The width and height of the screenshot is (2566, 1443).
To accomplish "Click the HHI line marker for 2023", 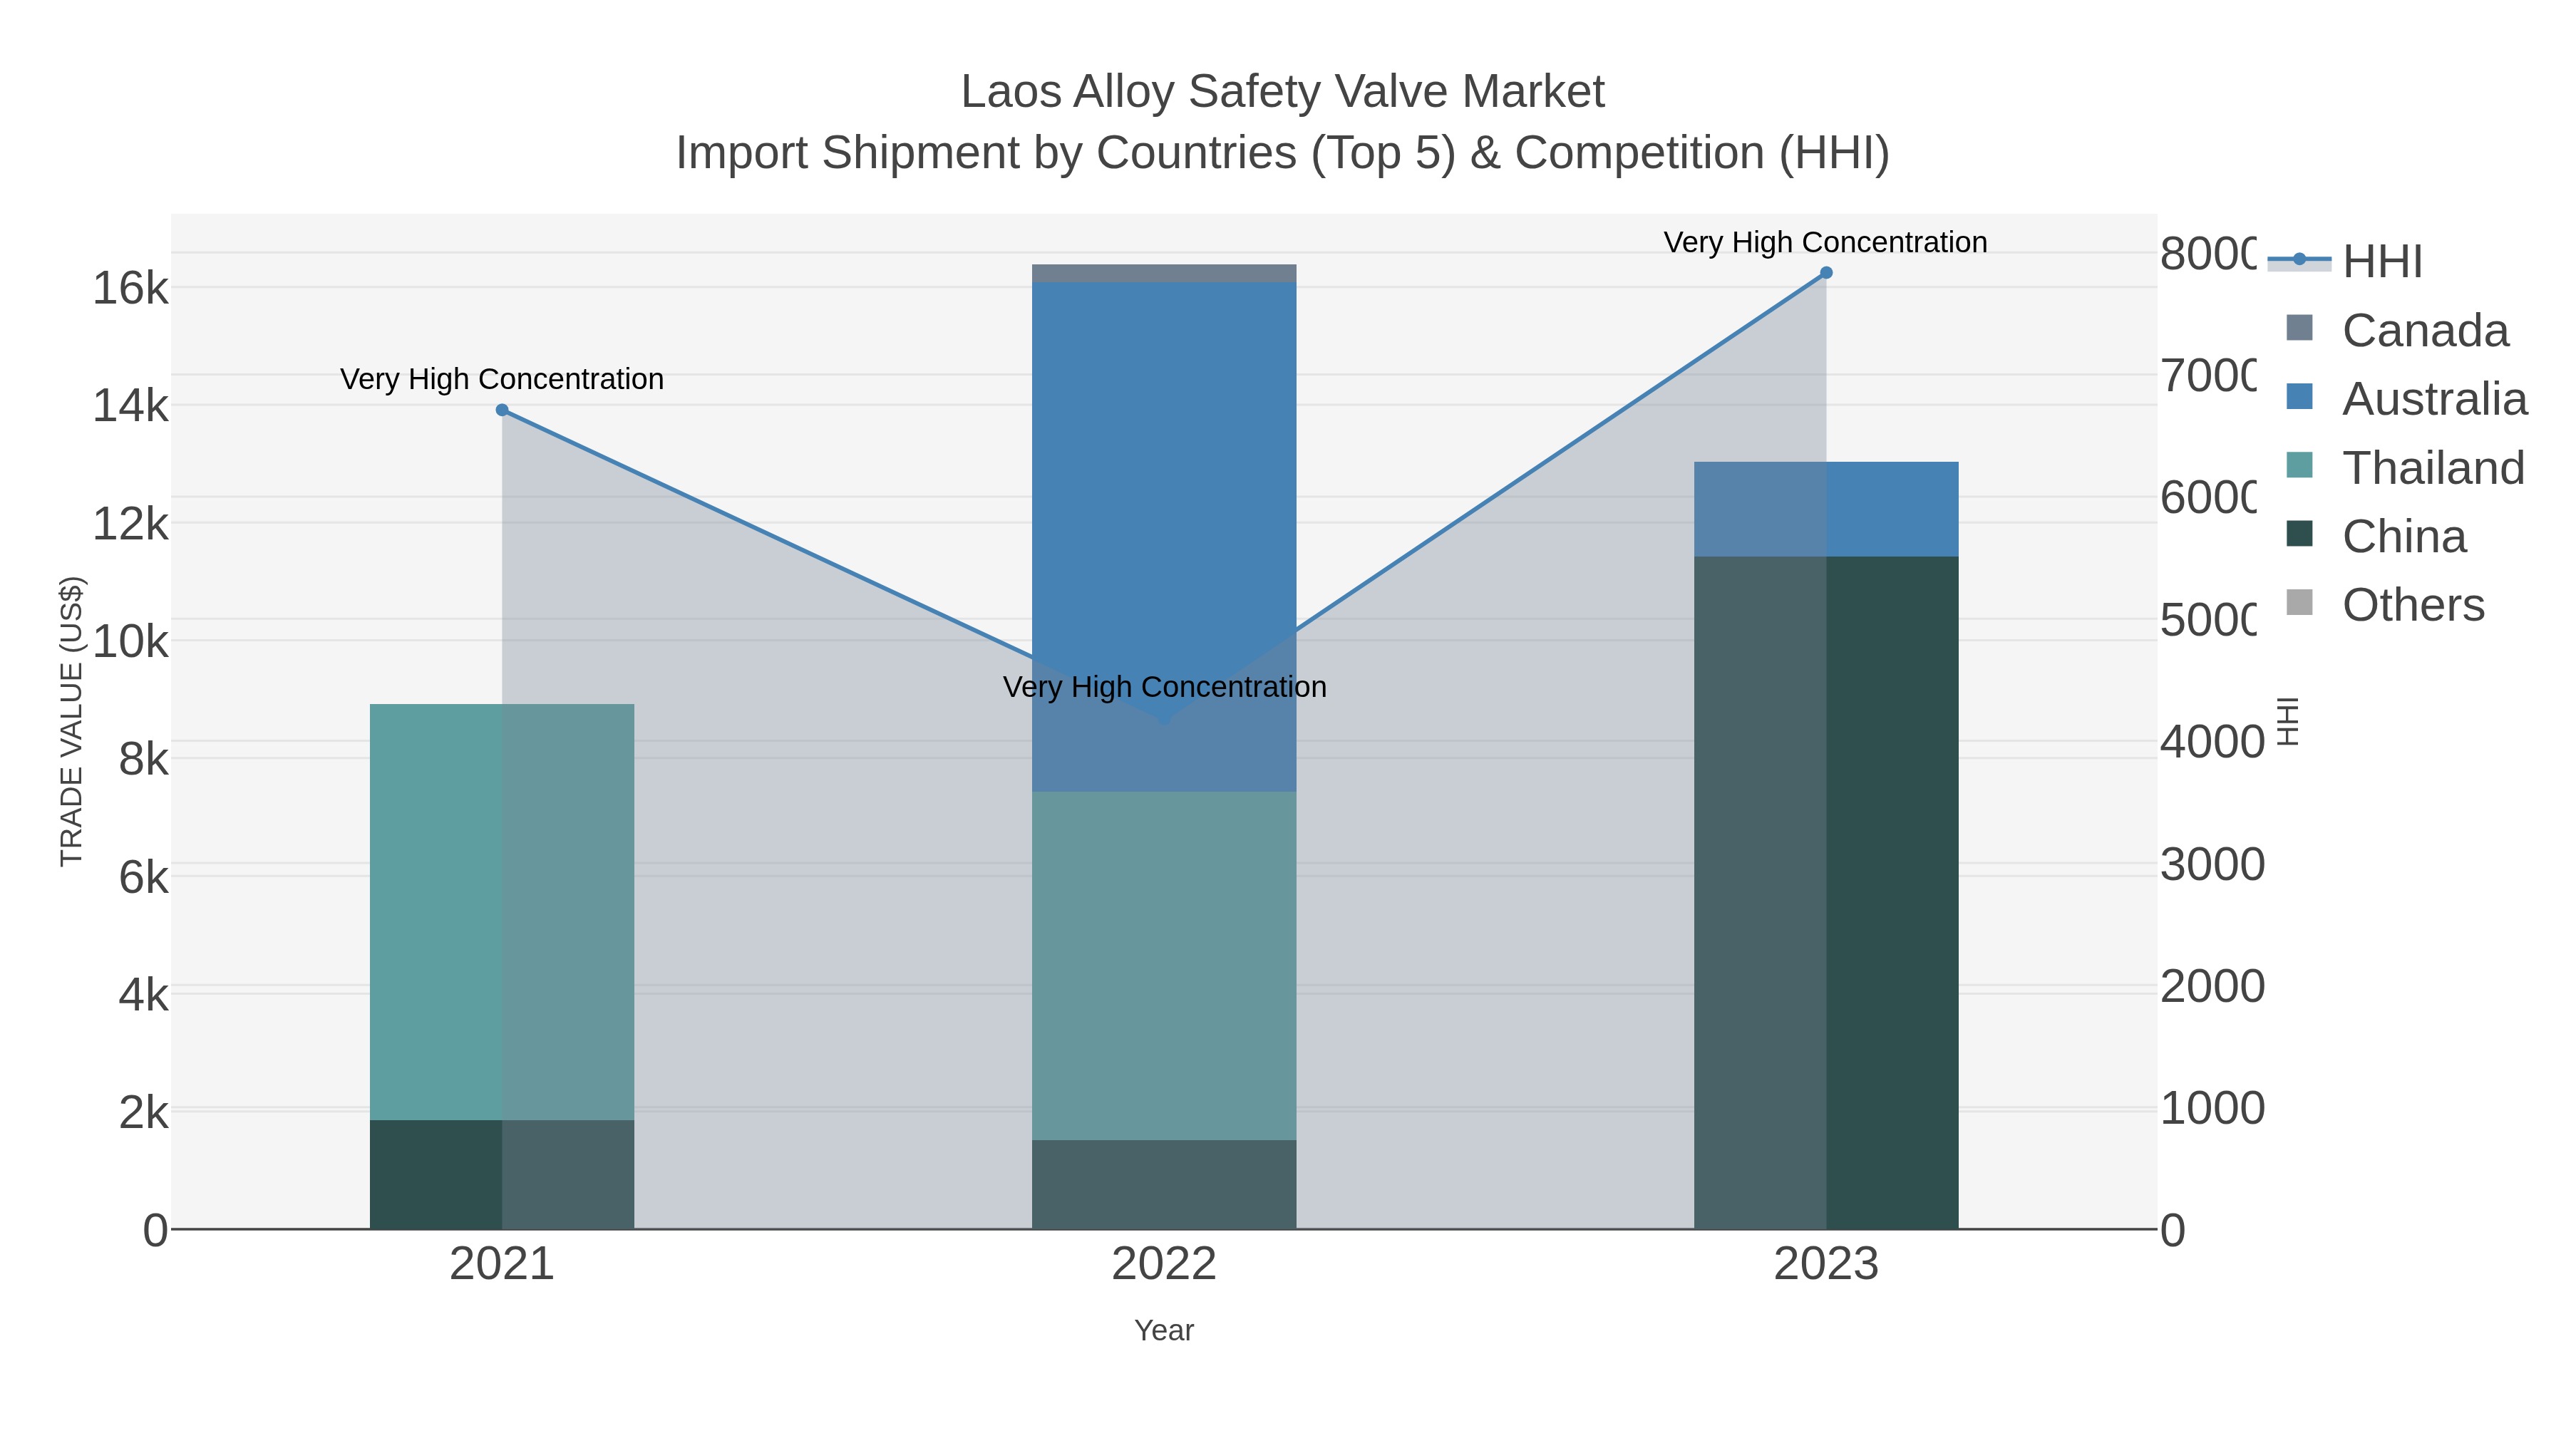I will click(x=1826, y=273).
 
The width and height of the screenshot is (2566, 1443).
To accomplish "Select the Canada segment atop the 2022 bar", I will click(x=1163, y=274).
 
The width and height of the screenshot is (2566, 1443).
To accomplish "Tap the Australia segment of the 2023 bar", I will click(x=1826, y=509).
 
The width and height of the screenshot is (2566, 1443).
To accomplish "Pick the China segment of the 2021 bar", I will click(x=502, y=1174).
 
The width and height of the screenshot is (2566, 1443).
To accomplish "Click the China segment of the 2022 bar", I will click(x=1163, y=1184).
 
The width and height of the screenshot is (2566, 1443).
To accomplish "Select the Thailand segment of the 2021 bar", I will click(x=502, y=911).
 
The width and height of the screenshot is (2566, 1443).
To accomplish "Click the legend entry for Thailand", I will click(x=2433, y=468).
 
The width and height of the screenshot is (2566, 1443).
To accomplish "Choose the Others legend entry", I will click(x=2413, y=606).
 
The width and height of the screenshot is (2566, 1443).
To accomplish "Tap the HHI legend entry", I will click(x=2381, y=262).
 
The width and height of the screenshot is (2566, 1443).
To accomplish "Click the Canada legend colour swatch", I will click(x=2299, y=328).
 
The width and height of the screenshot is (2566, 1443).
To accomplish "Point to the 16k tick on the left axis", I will click(x=130, y=289).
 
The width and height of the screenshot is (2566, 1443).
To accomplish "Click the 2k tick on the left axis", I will click(x=143, y=1112).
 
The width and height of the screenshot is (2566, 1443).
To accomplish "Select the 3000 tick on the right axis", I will click(x=2211, y=864).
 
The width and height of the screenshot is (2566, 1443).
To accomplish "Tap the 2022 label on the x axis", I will click(x=1163, y=1265).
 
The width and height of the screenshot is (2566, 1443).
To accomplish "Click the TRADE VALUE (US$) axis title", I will click(x=72, y=721).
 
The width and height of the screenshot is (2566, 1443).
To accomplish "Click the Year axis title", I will click(x=1163, y=1330).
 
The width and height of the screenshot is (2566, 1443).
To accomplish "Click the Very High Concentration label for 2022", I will click(x=1163, y=687).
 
